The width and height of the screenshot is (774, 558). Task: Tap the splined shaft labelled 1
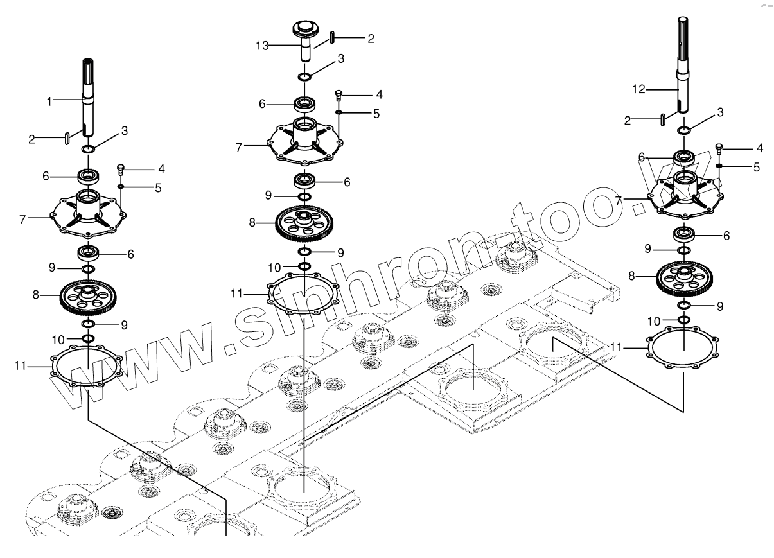coord(87,96)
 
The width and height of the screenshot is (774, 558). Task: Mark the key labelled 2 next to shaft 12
coord(662,119)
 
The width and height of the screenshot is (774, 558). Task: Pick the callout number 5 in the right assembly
coord(757,167)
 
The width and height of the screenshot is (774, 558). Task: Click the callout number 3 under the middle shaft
coord(340,58)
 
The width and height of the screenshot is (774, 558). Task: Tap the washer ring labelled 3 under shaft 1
coord(88,150)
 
